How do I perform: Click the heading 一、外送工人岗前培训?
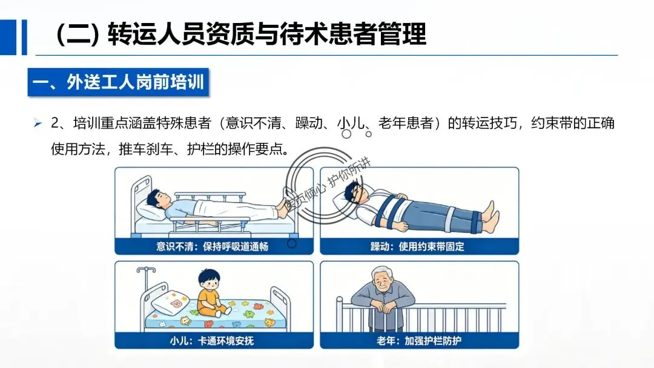[x=118, y=82]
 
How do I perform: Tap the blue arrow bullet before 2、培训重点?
[x=38, y=123]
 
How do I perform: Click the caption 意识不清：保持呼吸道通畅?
[x=213, y=246]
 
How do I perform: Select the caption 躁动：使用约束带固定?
[x=417, y=246]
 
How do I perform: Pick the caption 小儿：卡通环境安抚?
[x=212, y=341]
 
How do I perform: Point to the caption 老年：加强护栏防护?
[x=419, y=341]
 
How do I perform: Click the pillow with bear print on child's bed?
[x=171, y=303]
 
